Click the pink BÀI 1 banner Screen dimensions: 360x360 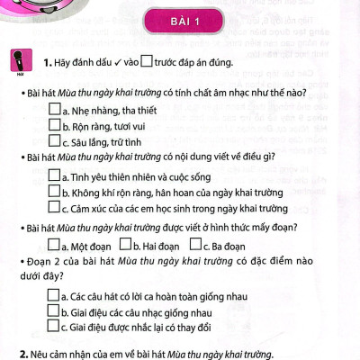179,22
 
